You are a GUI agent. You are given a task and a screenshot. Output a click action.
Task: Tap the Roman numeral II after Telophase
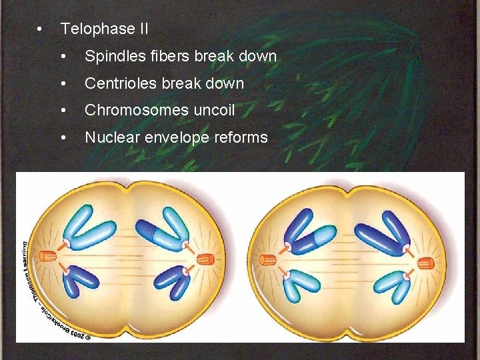[141, 29]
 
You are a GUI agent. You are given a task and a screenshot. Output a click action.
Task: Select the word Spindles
[111, 57]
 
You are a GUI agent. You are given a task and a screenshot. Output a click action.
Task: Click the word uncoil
[213, 110]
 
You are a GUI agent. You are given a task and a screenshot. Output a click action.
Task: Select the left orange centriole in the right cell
[267, 260]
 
